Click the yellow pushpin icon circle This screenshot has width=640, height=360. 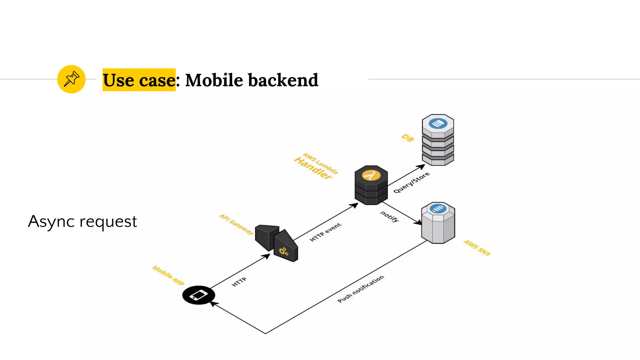point(71,79)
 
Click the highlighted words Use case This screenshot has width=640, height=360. point(139,80)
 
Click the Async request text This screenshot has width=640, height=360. point(82,221)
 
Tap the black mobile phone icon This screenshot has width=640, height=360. point(198,295)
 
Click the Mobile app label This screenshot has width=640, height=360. point(168,275)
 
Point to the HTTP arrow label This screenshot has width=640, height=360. point(239,282)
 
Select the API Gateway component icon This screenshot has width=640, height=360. point(276,243)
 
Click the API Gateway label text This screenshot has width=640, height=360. point(236,224)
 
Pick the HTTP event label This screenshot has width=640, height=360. point(325,232)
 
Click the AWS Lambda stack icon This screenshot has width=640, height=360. point(371,185)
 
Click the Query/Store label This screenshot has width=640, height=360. point(411,182)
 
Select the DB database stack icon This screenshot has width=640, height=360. point(438,140)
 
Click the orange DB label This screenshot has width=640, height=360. point(408,137)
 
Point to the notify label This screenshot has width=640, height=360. point(390,216)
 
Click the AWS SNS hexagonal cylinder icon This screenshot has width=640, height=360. point(438,222)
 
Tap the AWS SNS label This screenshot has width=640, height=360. point(477,248)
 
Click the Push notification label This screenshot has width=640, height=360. point(361,289)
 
